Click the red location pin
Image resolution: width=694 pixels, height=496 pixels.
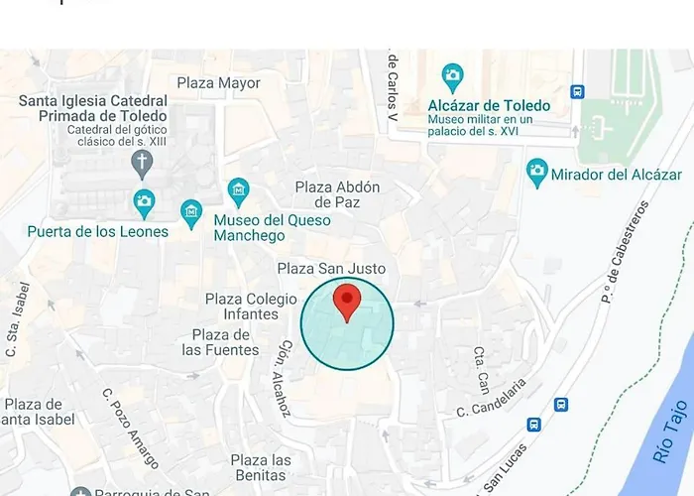pyautogui.click(x=347, y=302)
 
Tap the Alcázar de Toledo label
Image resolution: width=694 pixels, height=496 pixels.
pyautogui.click(x=489, y=105)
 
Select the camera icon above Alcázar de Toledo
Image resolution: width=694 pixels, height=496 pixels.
pyautogui.click(x=453, y=75)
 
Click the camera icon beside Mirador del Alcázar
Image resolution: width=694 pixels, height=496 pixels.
pyautogui.click(x=537, y=174)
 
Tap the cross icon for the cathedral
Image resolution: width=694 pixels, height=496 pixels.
pyautogui.click(x=142, y=162)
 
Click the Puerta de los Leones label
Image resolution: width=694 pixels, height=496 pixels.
pyautogui.click(x=97, y=231)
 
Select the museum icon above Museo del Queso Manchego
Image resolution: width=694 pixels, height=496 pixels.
pyautogui.click(x=238, y=189)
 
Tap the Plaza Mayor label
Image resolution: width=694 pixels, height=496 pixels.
pyautogui.click(x=218, y=83)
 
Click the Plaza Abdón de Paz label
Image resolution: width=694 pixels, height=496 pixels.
pyautogui.click(x=340, y=194)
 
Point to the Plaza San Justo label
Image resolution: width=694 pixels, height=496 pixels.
pyautogui.click(x=331, y=268)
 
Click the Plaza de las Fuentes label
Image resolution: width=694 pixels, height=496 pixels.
pyautogui.click(x=220, y=342)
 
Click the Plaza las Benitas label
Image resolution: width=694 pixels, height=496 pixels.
pyautogui.click(x=261, y=468)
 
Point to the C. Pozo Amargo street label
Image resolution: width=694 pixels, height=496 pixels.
pyautogui.click(x=130, y=427)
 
